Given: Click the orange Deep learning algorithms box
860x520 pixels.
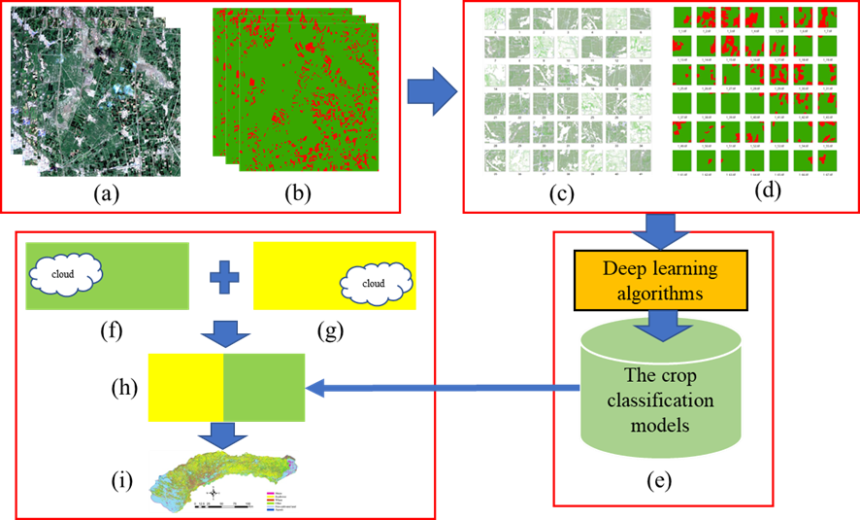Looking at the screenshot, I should pyautogui.click(x=661, y=280).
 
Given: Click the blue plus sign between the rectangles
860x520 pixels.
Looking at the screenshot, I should pyautogui.click(x=224, y=277).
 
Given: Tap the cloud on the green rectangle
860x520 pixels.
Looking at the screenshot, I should pyautogui.click(x=63, y=275).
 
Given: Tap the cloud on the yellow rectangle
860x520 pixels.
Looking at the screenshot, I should pyautogui.click(x=375, y=284).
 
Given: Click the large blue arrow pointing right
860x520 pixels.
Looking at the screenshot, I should pyautogui.click(x=431, y=93).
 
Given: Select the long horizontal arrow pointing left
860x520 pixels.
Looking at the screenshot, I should pyautogui.click(x=443, y=389).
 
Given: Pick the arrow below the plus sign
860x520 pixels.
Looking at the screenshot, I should pyautogui.click(x=224, y=333).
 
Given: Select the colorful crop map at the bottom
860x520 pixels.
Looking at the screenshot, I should pyautogui.click(x=224, y=480).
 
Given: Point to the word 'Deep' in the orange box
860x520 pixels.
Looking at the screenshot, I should pyautogui.click(x=623, y=268).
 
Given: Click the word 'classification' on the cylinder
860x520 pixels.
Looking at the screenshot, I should pyautogui.click(x=661, y=400).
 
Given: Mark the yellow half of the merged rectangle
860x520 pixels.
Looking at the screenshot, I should pyautogui.click(x=185, y=387).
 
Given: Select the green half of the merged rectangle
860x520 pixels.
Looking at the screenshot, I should pyautogui.click(x=264, y=387).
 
